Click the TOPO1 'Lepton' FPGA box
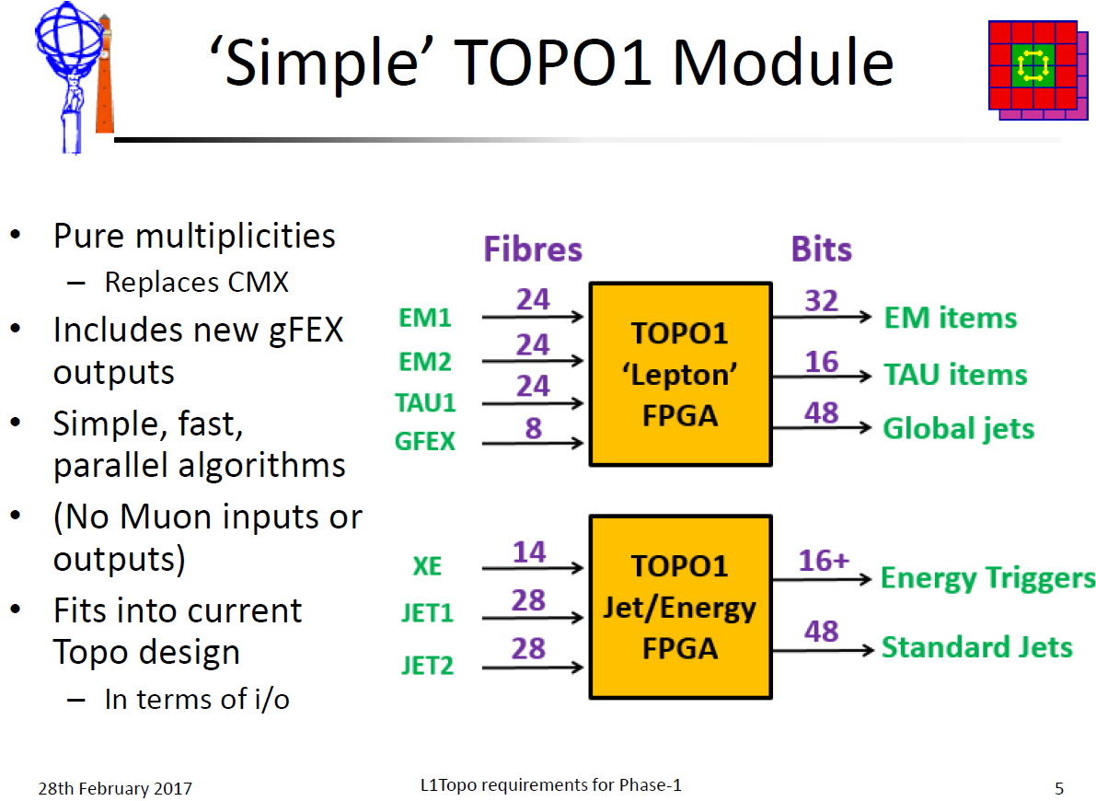tap(680, 375)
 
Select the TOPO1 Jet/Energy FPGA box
tap(680, 608)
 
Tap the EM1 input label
tap(425, 318)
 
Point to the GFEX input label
tap(425, 441)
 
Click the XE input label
tap(427, 566)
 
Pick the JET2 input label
tap(427, 666)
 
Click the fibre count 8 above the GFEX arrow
tap(534, 427)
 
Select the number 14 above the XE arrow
tap(529, 552)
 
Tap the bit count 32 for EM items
tap(821, 301)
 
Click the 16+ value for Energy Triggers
tap(825, 561)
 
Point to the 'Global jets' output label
tap(958, 429)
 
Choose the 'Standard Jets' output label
tap(977, 647)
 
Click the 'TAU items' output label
tap(955, 375)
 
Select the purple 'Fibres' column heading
tap(533, 249)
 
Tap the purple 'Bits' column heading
tap(821, 249)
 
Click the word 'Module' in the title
tap(783, 63)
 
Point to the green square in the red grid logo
tap(1033, 65)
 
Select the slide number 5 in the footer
tap(1059, 788)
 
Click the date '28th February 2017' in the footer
tap(115, 788)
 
